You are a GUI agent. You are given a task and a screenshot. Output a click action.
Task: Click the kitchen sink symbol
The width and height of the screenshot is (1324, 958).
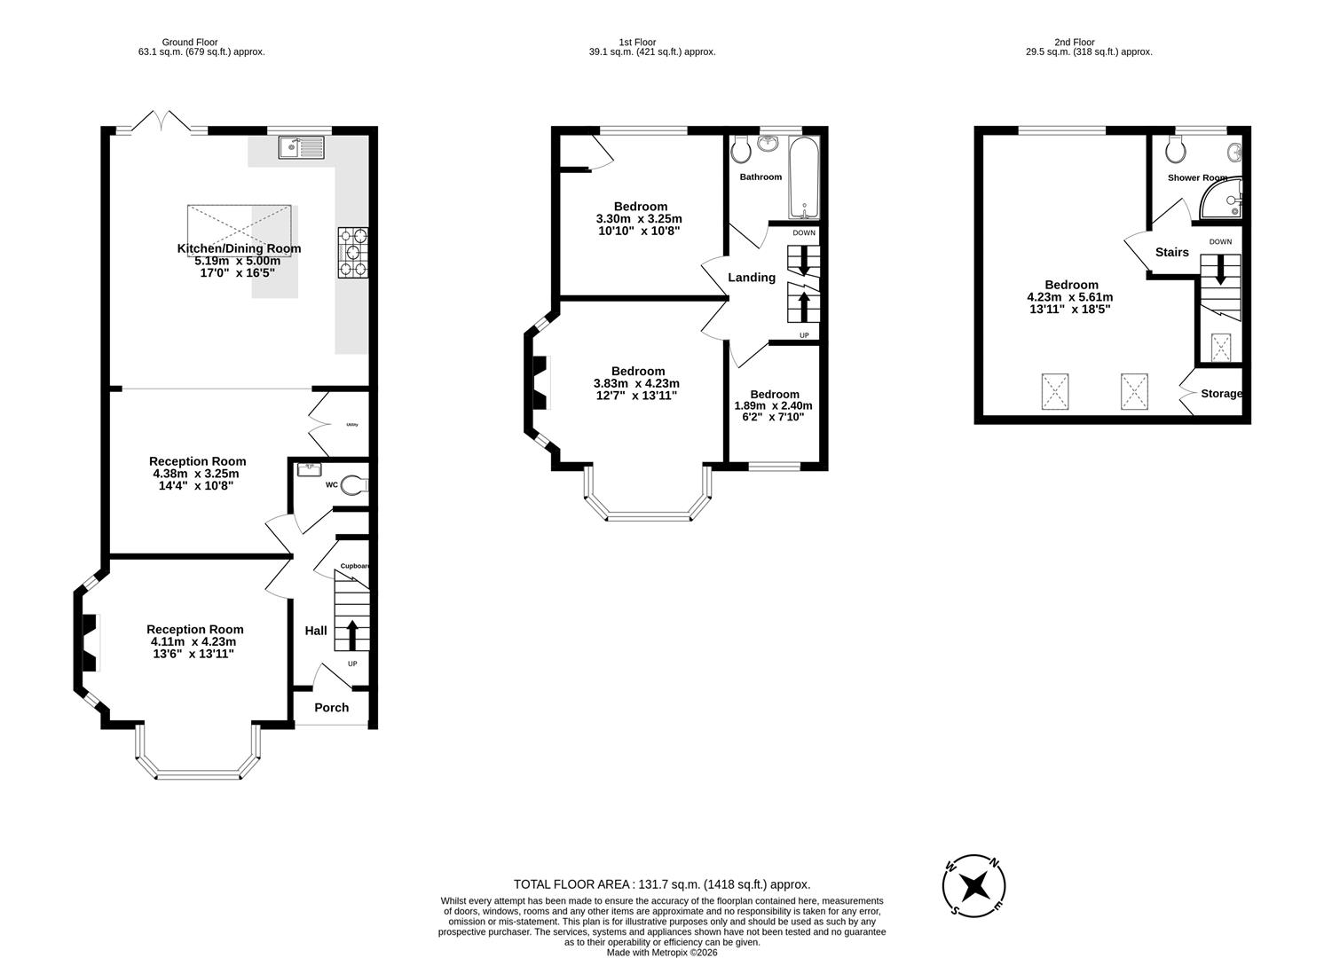coord(302,147)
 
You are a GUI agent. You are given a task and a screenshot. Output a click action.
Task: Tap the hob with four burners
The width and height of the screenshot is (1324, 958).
coord(352,253)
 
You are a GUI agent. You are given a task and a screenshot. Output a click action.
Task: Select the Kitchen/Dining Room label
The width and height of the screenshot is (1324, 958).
coord(239,248)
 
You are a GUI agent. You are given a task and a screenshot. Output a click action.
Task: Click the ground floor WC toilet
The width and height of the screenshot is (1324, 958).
coord(353,485)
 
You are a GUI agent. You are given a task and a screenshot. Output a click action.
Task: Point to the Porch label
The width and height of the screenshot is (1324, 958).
coord(331,708)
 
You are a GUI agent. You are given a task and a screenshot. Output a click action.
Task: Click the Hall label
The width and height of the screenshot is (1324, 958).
coord(316,631)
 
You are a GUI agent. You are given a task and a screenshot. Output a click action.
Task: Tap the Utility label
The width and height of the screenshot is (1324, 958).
coord(351,426)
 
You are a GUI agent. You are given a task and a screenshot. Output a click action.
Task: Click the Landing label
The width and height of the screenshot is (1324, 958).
coord(752,278)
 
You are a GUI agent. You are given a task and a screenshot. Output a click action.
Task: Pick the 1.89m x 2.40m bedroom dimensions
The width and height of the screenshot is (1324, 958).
coord(773,411)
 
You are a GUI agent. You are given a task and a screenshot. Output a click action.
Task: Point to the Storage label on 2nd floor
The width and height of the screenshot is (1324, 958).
coord(1221,394)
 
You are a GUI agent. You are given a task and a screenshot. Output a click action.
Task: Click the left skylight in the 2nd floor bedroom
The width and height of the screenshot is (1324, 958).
coord(1056,392)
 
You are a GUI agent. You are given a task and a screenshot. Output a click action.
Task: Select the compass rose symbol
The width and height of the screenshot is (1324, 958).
coord(973,885)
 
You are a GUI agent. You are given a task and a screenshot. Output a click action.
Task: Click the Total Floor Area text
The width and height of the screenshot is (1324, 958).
coord(661,884)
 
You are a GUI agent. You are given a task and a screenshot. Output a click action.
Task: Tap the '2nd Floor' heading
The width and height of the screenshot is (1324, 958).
coord(1074,42)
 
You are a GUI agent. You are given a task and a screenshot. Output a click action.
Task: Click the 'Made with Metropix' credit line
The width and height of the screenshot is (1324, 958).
coord(661,953)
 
